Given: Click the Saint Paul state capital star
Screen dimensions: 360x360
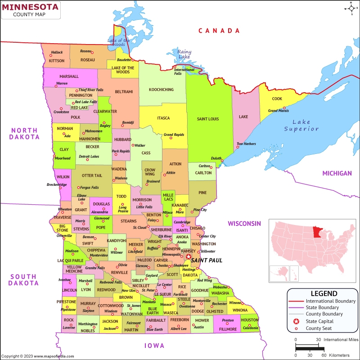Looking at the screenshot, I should [189, 256].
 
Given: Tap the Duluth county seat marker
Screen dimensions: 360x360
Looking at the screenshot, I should [222, 161].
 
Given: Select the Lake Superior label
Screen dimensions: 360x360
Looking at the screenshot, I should [301, 126].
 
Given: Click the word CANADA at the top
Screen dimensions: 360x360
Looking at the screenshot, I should [219, 31].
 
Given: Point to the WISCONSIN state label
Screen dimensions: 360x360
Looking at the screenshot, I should [244, 223].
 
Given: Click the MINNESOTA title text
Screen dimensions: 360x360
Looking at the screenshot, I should [30, 7].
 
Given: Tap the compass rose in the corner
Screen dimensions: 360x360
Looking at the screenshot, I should [351, 8].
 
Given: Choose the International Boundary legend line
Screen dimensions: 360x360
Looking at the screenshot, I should [296, 301].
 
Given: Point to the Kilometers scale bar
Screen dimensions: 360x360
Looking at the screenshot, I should [310, 349].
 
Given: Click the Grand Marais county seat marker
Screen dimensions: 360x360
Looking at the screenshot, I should [284, 108].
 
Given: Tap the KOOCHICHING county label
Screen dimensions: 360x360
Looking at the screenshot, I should [161, 90].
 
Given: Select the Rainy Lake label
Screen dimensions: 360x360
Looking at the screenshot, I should [184, 54].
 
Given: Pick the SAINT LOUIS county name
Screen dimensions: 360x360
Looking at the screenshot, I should [208, 119].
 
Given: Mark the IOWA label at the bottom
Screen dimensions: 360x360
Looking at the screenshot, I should [154, 346].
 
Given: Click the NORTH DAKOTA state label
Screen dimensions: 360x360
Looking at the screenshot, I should [24, 133].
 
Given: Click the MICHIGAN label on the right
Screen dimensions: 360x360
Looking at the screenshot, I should [337, 173].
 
